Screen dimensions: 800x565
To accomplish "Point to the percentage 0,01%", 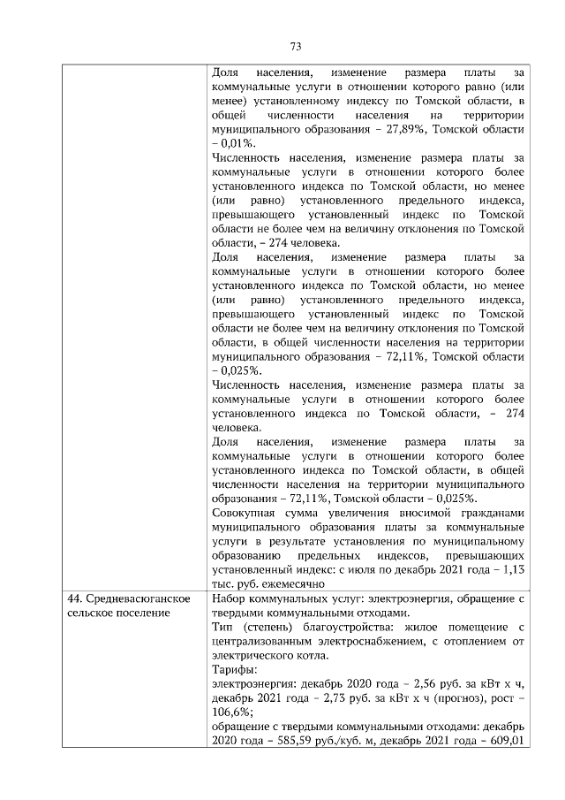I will pos(234,141).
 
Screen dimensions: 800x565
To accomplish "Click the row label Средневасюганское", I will pos(131,600).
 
